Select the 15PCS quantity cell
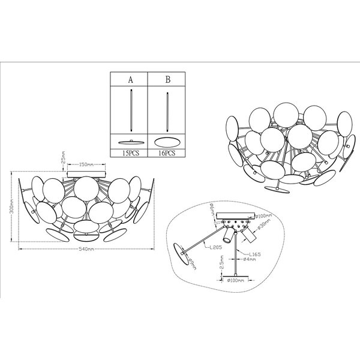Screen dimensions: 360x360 (130, 154)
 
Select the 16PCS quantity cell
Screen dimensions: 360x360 (166, 154)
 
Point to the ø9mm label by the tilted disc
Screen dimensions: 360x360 (192, 263)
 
